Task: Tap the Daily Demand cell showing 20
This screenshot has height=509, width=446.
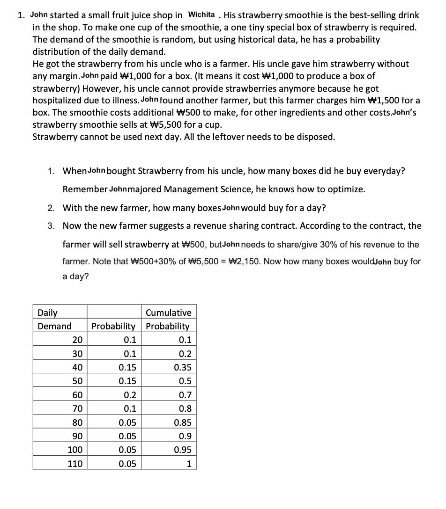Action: (x=77, y=340)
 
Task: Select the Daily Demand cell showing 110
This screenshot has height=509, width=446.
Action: (x=75, y=464)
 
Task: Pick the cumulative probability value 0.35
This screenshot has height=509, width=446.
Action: (x=182, y=368)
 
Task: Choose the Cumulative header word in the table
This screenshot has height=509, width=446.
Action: (x=169, y=313)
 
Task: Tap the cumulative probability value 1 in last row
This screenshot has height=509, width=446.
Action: (x=189, y=464)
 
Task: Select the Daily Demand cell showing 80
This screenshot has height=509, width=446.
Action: (x=77, y=423)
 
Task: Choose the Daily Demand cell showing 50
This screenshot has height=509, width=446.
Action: (x=77, y=381)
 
